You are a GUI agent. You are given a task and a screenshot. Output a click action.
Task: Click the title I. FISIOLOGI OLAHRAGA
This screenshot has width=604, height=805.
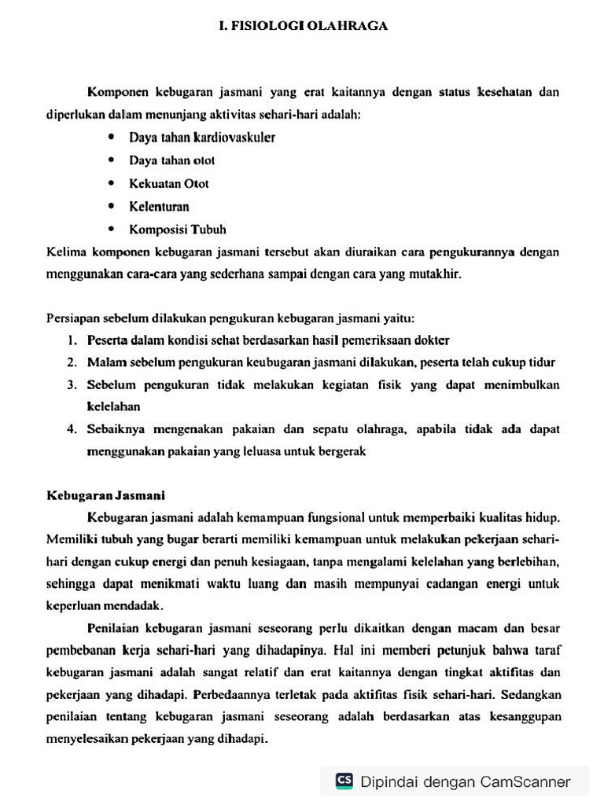pyautogui.click(x=303, y=26)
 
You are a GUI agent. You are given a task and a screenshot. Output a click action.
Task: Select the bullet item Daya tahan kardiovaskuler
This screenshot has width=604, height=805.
pyautogui.click(x=202, y=138)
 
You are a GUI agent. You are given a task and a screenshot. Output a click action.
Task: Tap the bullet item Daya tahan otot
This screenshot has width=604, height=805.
pyautogui.click(x=172, y=160)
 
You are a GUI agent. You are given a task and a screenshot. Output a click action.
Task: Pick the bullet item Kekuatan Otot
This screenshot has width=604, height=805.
pyautogui.click(x=169, y=184)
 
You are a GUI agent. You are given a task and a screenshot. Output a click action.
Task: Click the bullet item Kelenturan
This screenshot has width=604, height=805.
pyautogui.click(x=159, y=207)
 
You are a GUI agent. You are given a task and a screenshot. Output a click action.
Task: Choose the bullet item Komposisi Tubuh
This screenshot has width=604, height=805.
pyautogui.click(x=178, y=230)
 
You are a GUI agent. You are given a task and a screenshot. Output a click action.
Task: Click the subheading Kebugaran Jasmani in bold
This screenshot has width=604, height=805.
pyautogui.click(x=105, y=496)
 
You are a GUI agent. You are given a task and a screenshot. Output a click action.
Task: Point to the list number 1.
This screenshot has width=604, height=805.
pyautogui.click(x=71, y=340)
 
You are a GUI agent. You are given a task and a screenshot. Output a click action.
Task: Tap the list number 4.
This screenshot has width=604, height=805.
pyautogui.click(x=71, y=429)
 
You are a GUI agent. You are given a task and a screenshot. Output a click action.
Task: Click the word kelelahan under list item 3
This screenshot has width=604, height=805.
pyautogui.click(x=113, y=407)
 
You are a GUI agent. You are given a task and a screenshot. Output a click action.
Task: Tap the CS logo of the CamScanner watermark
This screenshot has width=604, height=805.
pyautogui.click(x=344, y=780)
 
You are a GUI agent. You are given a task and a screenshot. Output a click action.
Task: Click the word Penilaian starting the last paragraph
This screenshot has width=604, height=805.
pyautogui.click(x=114, y=629)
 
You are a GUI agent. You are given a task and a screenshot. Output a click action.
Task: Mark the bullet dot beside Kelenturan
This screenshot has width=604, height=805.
pyautogui.click(x=112, y=207)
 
